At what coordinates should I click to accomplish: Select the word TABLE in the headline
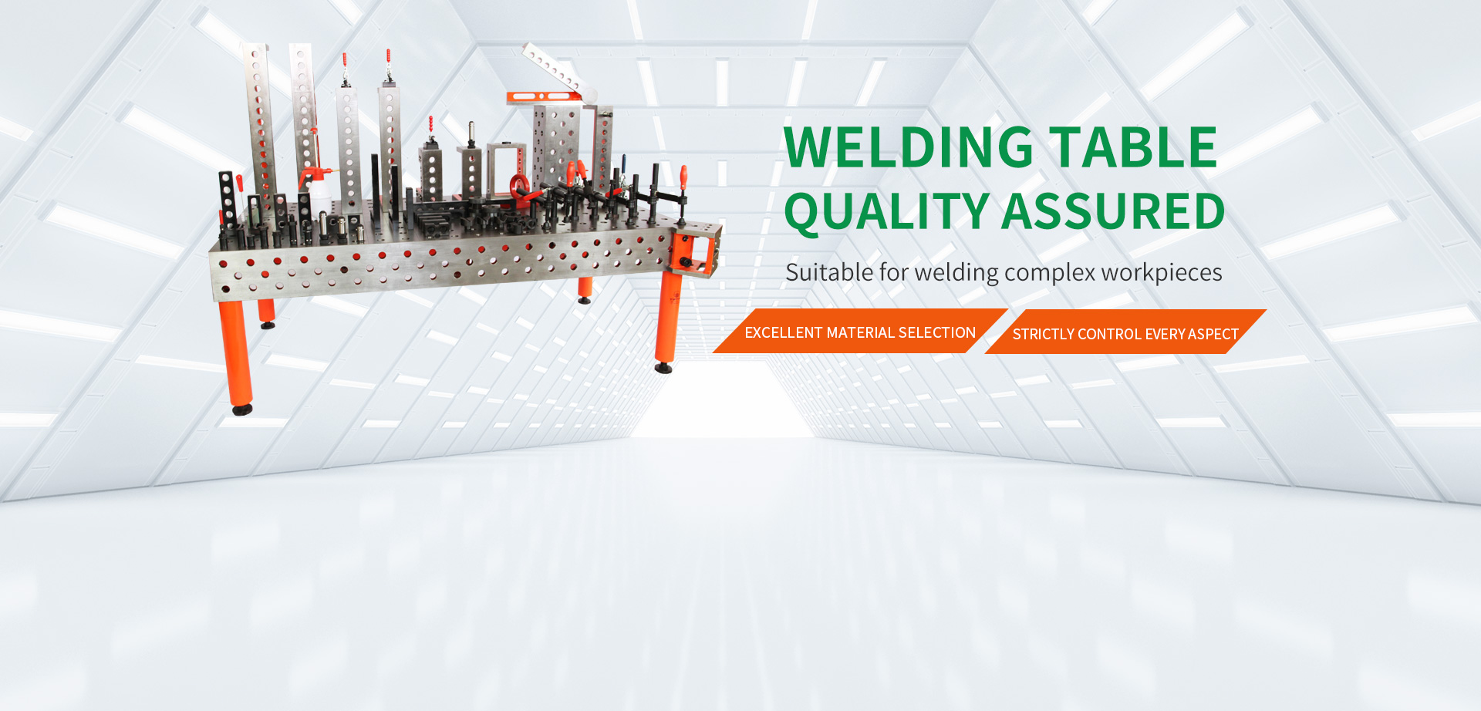(x=1134, y=147)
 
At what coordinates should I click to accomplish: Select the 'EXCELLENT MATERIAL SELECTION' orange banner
(x=860, y=331)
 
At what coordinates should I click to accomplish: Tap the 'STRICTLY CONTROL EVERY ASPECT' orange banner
(x=1125, y=332)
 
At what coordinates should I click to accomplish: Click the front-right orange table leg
(x=667, y=316)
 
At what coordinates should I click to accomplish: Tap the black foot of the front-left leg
(x=242, y=409)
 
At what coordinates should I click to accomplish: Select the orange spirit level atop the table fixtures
(x=543, y=96)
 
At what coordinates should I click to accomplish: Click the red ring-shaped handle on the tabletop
(x=519, y=187)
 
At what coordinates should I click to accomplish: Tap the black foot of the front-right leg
(x=663, y=367)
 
